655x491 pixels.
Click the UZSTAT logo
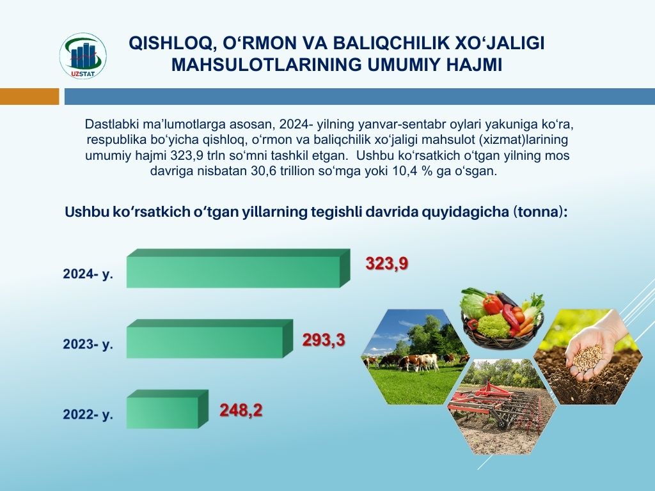[x=83, y=56]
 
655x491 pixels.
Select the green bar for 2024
[x=238, y=269]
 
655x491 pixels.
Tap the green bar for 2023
[x=210, y=339]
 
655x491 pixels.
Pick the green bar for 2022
[x=167, y=409]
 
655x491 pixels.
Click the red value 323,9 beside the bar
[x=386, y=264]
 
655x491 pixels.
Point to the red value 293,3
[x=324, y=340]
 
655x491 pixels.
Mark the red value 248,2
[x=241, y=410]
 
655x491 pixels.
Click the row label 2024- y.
[x=88, y=274]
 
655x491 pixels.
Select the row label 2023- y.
[x=88, y=344]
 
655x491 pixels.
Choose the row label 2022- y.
[x=88, y=414]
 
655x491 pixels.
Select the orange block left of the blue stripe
[x=29, y=97]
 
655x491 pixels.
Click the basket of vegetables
[x=501, y=318]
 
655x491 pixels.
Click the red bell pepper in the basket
[x=493, y=304]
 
